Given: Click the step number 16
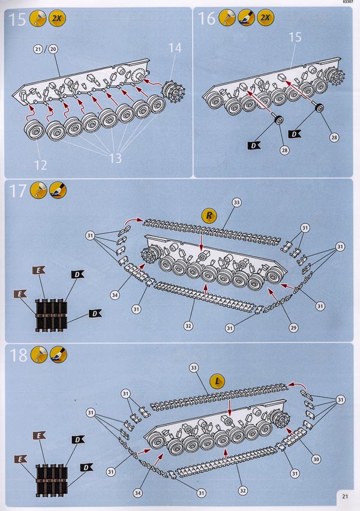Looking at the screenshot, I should [x=206, y=19].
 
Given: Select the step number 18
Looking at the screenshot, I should [x=18, y=355].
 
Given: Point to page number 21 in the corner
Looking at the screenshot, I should [x=346, y=496].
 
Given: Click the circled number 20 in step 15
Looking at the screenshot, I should [x=52, y=49].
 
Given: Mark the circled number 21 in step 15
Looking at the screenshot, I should [x=39, y=49].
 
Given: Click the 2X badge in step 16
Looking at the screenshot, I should [x=265, y=19].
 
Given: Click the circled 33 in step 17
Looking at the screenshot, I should [x=236, y=203].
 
